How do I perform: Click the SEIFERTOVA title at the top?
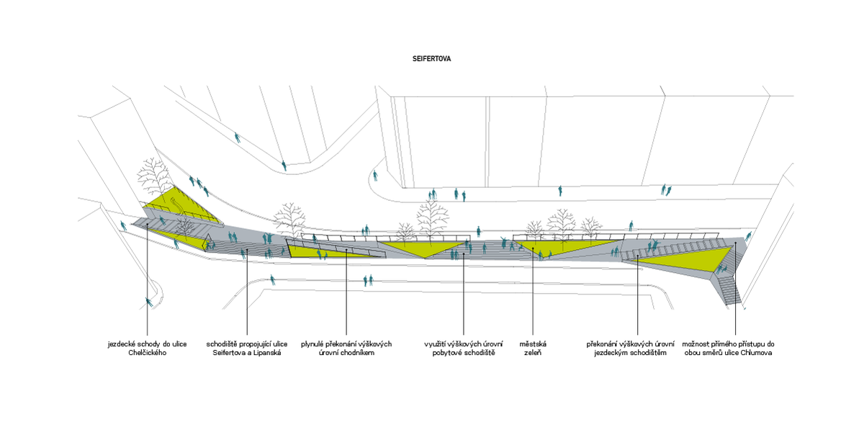coord(432,59)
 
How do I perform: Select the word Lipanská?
coord(267,354)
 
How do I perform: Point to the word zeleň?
coord(532,354)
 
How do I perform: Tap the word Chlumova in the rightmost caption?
coord(755,354)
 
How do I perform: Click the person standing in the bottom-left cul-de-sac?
coord(149,302)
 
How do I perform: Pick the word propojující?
coord(258,344)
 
